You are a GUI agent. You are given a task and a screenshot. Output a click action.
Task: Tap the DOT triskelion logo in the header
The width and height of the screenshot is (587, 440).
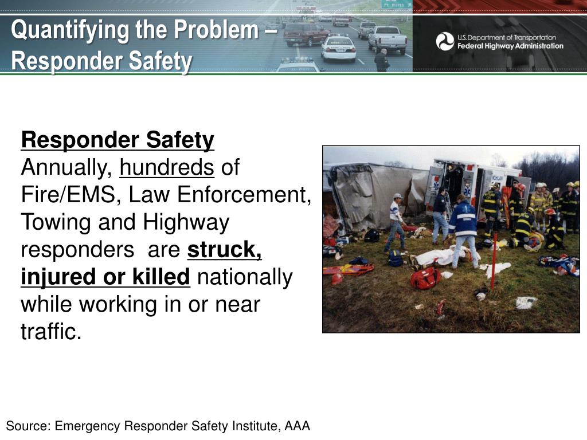445,41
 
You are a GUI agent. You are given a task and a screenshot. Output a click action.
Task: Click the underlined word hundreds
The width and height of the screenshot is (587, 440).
167,168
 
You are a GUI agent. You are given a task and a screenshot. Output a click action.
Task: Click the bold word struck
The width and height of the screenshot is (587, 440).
224,250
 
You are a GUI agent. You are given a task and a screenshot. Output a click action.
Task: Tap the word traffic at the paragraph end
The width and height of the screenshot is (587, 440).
51,332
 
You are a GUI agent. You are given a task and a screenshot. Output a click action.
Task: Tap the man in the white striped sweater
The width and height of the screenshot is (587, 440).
396,221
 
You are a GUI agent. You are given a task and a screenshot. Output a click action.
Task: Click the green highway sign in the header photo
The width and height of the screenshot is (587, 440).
396,4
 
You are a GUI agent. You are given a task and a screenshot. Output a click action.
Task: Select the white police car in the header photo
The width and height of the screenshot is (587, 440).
338,49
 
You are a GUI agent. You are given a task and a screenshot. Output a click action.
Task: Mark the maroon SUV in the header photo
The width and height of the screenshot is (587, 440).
306,34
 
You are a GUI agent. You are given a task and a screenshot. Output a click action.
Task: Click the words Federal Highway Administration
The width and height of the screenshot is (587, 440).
510,46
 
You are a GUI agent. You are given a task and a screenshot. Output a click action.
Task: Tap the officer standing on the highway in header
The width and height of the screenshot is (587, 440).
381,60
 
